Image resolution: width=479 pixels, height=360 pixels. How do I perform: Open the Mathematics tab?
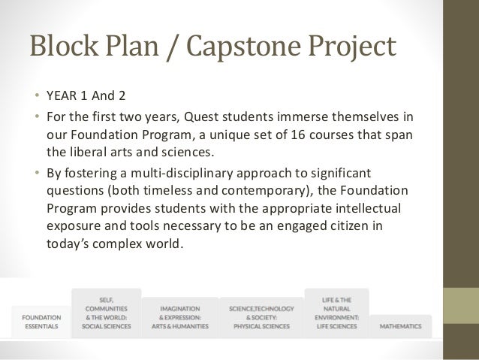(400, 326)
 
